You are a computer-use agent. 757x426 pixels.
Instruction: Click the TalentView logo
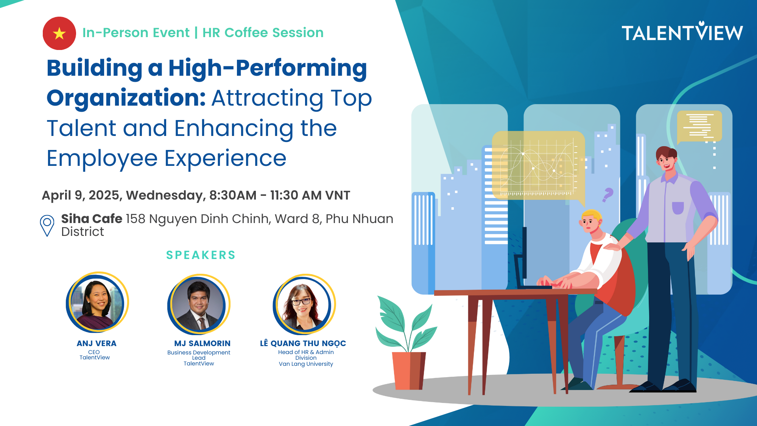(x=682, y=31)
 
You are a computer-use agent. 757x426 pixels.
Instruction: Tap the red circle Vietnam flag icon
(x=59, y=33)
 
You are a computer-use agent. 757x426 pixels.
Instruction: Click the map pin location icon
(x=47, y=226)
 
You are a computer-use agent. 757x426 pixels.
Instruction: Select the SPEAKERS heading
(x=201, y=255)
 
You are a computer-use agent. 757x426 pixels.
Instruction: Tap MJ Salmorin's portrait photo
(x=199, y=304)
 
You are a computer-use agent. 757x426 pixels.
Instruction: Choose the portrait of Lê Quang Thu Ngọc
(x=304, y=304)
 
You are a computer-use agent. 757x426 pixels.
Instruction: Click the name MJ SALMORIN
(x=202, y=343)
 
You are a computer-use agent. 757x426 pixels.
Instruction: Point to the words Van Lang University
(x=306, y=364)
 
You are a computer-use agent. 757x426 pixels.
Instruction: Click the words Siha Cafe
(x=92, y=218)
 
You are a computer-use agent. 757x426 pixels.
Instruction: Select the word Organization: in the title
(x=126, y=98)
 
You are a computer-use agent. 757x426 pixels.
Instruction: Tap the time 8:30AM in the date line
(x=233, y=195)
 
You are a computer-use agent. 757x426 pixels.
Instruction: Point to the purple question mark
(x=607, y=195)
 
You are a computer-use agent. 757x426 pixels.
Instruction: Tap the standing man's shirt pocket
(x=678, y=208)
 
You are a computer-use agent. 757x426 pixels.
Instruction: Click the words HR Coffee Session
(x=263, y=33)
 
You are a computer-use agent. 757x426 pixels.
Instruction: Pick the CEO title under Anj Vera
(x=94, y=352)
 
